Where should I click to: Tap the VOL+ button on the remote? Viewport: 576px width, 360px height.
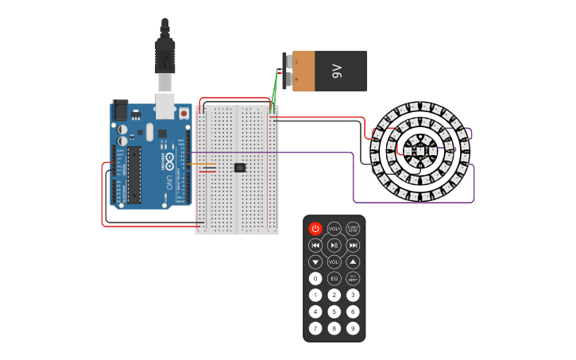tap(334, 229)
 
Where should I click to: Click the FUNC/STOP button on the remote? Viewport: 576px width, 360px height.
tap(353, 229)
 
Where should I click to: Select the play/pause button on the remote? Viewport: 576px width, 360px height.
tap(334, 246)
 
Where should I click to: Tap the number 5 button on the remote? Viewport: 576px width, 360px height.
tap(334, 312)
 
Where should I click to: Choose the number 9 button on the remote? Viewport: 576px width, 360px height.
tap(353, 328)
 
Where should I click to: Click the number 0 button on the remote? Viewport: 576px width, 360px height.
tap(315, 279)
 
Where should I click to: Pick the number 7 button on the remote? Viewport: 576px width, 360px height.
tap(315, 328)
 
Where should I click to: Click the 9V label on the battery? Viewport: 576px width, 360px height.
tap(336, 72)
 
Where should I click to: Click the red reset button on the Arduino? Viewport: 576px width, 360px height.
tap(184, 114)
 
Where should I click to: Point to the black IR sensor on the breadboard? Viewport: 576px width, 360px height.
tap(240, 168)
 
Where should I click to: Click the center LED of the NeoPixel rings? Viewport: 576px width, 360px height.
tap(419, 151)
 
